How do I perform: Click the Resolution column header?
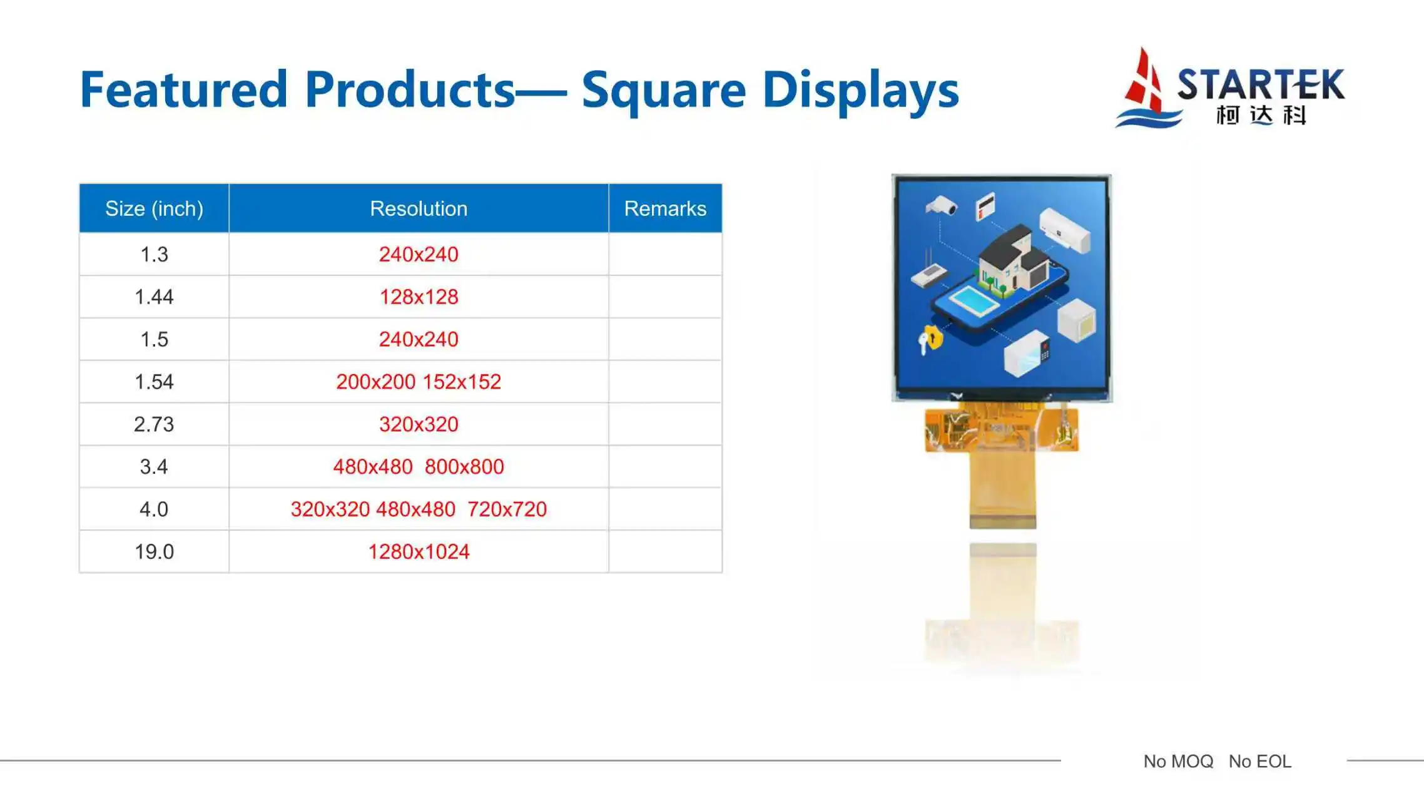click(x=419, y=208)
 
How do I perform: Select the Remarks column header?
click(x=665, y=208)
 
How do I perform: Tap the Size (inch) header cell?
click(x=154, y=208)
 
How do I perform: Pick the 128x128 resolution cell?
click(x=419, y=297)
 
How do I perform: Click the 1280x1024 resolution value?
click(x=419, y=551)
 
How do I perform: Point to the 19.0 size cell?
click(x=154, y=551)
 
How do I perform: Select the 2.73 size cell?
click(x=154, y=424)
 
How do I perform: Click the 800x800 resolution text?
click(x=464, y=467)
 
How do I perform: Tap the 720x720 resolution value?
click(x=507, y=509)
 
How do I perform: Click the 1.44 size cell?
click(x=154, y=297)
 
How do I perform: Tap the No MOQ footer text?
click(x=1178, y=761)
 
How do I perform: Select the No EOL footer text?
click(x=1259, y=761)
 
